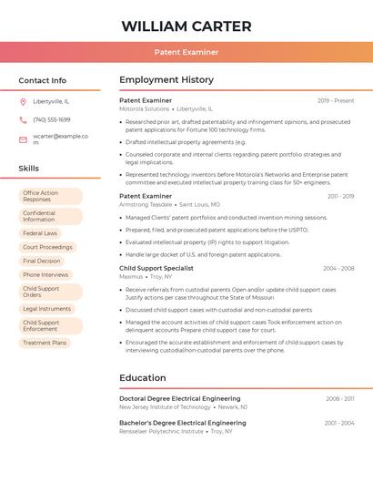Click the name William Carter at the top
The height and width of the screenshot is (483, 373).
(x=186, y=26)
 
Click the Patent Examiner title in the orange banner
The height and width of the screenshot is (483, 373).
(x=186, y=53)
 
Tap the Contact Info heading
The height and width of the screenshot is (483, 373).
(x=43, y=80)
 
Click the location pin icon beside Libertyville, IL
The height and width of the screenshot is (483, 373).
(x=23, y=101)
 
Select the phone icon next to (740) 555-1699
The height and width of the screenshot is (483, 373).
(x=23, y=119)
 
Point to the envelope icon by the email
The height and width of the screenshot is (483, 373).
(x=23, y=139)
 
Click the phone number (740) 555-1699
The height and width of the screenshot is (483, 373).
(x=52, y=119)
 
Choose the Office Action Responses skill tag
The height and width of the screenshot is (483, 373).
(x=51, y=196)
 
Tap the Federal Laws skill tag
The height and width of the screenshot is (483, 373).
(x=41, y=233)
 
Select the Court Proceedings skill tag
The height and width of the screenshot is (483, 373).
(x=47, y=247)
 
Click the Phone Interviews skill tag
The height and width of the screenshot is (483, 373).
(x=45, y=274)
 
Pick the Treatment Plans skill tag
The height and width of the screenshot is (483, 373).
(x=45, y=343)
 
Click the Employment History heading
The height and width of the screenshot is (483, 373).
(x=166, y=80)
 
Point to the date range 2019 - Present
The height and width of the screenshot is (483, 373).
(x=336, y=100)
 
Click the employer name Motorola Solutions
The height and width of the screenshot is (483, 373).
(x=145, y=108)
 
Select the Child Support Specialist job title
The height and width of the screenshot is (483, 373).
(x=156, y=268)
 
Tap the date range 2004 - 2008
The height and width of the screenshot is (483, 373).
(x=338, y=268)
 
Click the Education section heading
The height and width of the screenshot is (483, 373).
(x=143, y=377)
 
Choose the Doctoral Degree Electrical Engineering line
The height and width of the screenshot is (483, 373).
(x=180, y=398)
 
